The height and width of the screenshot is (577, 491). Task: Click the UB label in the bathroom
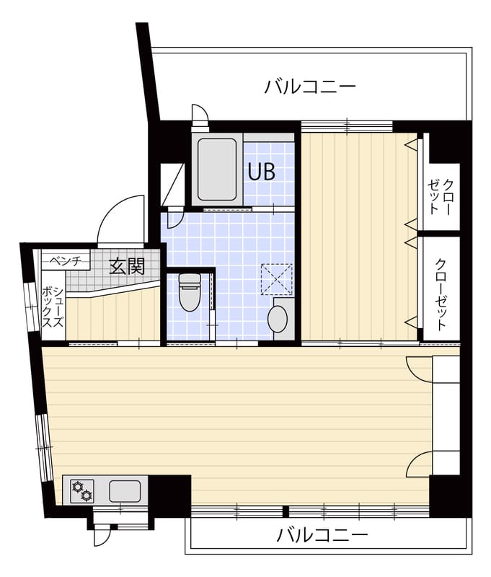(262, 171)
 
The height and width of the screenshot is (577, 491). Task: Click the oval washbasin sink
(278, 320)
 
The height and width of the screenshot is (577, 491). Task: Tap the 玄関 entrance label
(127, 266)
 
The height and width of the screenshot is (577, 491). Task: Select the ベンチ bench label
(65, 261)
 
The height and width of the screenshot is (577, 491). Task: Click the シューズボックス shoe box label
(53, 308)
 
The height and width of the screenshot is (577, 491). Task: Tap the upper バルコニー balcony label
(311, 87)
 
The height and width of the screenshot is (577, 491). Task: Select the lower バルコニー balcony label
(322, 534)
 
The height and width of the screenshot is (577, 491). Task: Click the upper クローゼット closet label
(441, 196)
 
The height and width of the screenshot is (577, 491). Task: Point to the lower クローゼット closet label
(441, 294)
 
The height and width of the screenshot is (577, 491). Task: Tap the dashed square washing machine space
(277, 279)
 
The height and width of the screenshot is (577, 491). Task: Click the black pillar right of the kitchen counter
(170, 495)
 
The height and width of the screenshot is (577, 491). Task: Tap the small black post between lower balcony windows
(285, 511)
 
